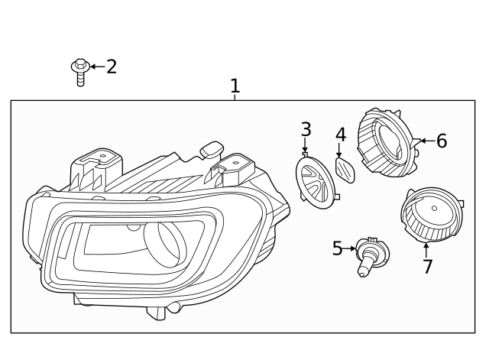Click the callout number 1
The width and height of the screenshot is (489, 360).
click(x=235, y=86)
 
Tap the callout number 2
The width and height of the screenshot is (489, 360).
click(x=112, y=66)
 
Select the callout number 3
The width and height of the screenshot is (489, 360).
click(x=306, y=129)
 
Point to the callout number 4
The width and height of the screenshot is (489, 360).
click(x=341, y=135)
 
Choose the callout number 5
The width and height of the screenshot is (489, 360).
click(x=337, y=248)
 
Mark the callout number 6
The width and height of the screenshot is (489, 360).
click(x=442, y=141)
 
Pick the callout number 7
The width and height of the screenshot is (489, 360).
click(x=428, y=267)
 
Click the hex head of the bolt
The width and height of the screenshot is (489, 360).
click(x=80, y=65)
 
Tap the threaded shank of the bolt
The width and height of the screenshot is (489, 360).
click(x=80, y=79)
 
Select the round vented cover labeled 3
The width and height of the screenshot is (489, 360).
click(x=316, y=182)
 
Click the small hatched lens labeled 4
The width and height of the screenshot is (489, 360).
click(x=345, y=170)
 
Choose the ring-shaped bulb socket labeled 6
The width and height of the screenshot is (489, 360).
click(x=389, y=143)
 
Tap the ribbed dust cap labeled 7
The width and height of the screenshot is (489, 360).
click(x=432, y=215)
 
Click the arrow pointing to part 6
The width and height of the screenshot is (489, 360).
click(x=428, y=141)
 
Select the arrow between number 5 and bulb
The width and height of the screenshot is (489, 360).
click(x=349, y=248)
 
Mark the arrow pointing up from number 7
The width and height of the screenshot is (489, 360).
click(x=426, y=250)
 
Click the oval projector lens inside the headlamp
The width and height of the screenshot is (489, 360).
click(x=165, y=244)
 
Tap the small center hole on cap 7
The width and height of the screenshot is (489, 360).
click(x=434, y=209)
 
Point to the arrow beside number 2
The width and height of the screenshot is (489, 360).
click(x=98, y=66)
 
